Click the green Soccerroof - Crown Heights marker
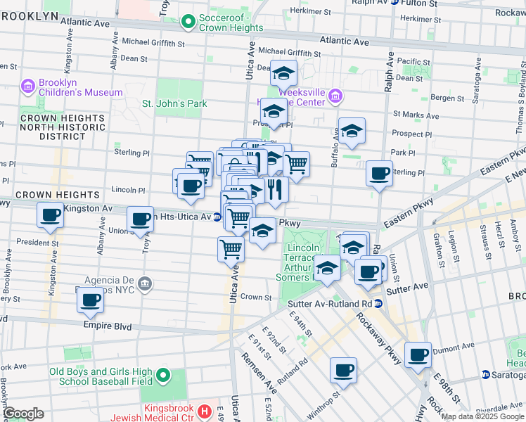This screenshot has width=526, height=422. (188, 23)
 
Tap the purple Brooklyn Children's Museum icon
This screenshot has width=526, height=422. (28, 87)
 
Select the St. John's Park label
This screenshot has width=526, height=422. (174, 103)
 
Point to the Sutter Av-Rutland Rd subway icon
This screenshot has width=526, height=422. (378, 304)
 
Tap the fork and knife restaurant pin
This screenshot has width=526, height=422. (275, 188)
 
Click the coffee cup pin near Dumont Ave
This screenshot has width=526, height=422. (418, 354)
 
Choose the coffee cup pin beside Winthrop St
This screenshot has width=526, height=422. (343, 369)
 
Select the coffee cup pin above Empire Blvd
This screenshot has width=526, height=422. (90, 300)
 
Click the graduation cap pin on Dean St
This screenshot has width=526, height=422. (283, 73)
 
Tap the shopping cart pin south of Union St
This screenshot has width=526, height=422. (231, 248)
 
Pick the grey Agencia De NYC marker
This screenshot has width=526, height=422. (145, 284)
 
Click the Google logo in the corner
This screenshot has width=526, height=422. (23, 414)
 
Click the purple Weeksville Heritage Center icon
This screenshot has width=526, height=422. (335, 96)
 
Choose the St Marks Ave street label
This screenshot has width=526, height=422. (416, 115)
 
